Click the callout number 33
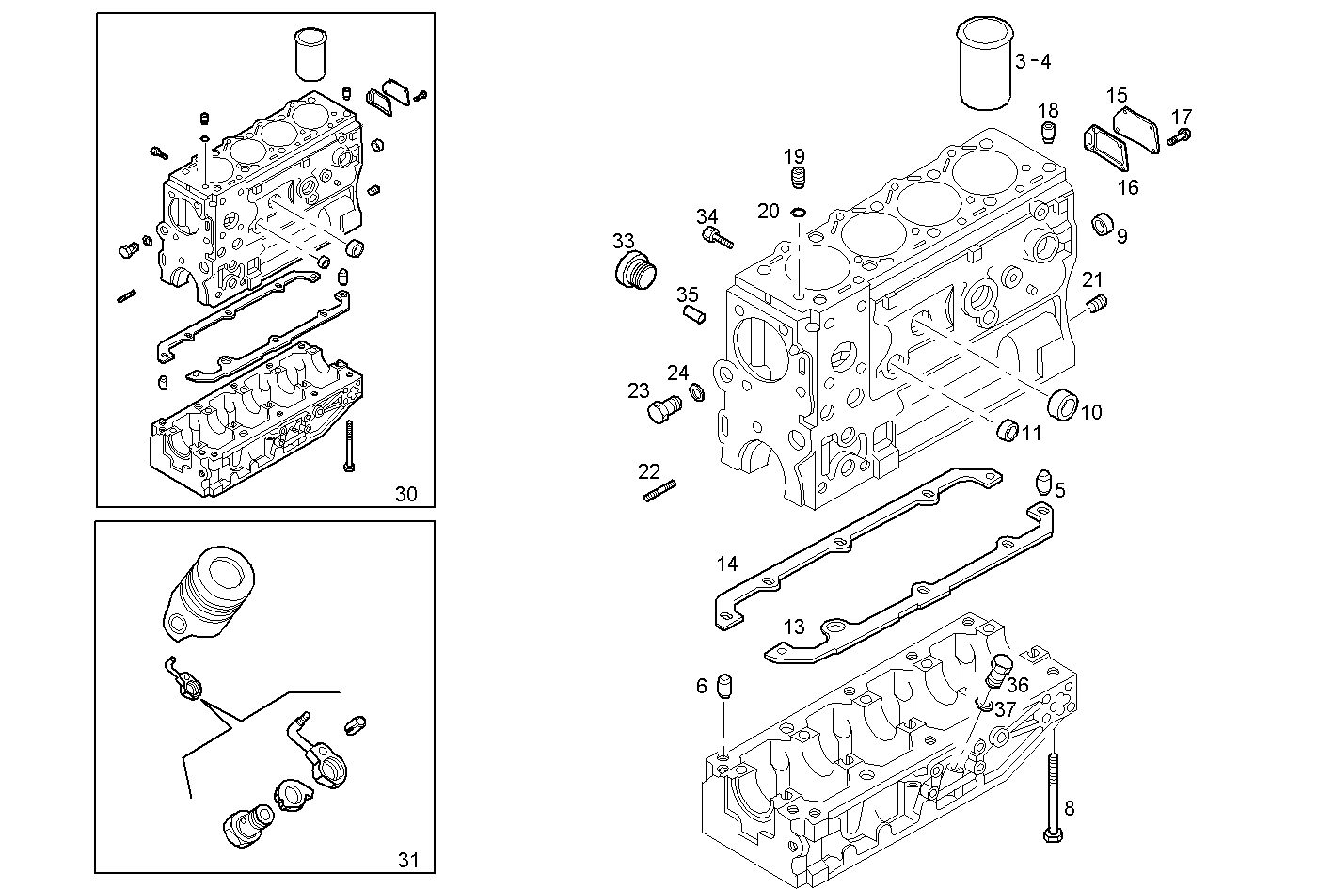[x=624, y=242]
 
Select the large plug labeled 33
[x=633, y=272]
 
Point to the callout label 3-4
[x=1033, y=62]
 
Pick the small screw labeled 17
[x=1179, y=138]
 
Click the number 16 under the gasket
[x=1127, y=187]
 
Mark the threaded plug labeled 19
[x=798, y=179]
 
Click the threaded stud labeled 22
[x=659, y=490]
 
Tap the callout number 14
[x=727, y=564]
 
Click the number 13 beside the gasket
[x=794, y=627]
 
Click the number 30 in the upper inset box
[x=405, y=494]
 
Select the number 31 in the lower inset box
[x=407, y=859]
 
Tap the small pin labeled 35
[x=695, y=313]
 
